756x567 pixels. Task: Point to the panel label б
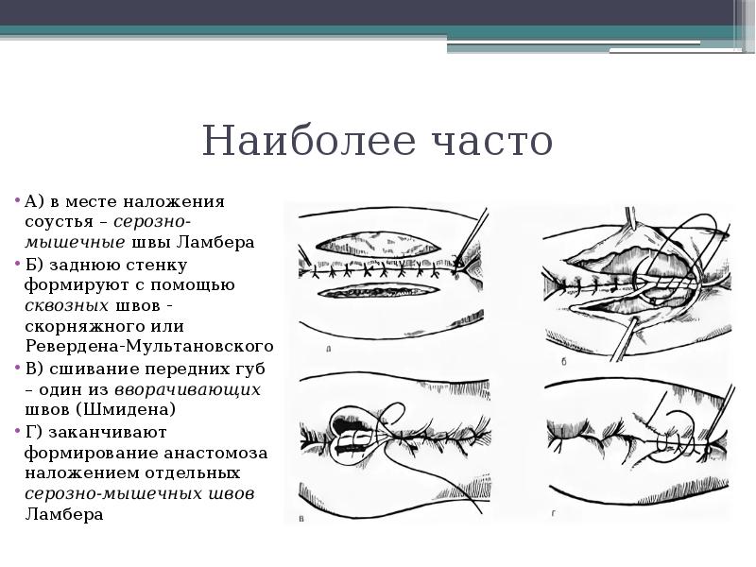[x=563, y=360]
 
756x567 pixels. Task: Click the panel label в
[x=301, y=517]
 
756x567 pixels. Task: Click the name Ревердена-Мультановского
[x=149, y=347]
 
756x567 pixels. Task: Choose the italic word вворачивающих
[x=188, y=389]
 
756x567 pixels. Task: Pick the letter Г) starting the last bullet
[x=35, y=432]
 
